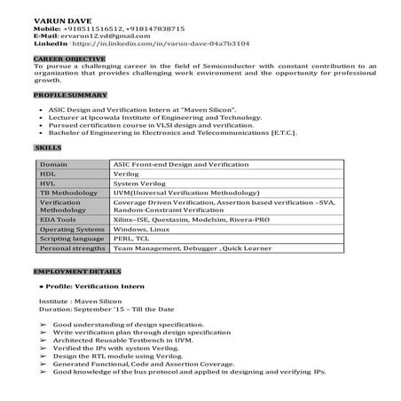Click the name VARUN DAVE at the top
pyautogui.click(x=58, y=20)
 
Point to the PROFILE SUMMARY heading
pyautogui.click(x=66, y=93)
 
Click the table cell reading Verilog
pyautogui.click(x=126, y=174)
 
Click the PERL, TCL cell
pyautogui.click(x=130, y=237)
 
